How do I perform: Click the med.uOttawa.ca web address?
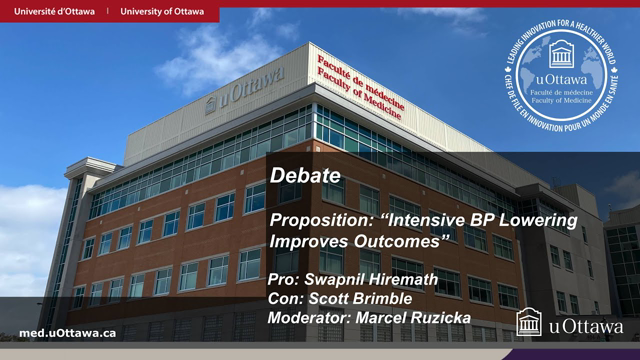[x=67, y=332]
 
